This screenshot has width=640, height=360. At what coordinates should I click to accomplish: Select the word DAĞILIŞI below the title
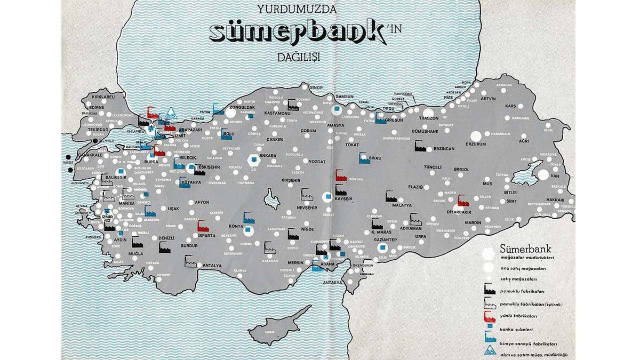click(x=298, y=58)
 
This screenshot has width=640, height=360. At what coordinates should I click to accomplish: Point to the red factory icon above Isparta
click(x=202, y=226)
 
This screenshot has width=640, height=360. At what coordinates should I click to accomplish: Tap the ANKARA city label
click(x=267, y=156)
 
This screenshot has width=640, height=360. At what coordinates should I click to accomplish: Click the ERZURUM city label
click(x=476, y=143)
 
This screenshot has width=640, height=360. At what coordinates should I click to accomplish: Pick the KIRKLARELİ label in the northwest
click(x=103, y=97)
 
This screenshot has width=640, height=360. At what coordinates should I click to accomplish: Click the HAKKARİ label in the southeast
click(x=555, y=199)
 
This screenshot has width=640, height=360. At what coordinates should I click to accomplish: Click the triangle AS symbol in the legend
click(x=488, y=351)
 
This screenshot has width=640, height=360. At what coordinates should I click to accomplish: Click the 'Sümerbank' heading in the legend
click(x=525, y=248)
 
